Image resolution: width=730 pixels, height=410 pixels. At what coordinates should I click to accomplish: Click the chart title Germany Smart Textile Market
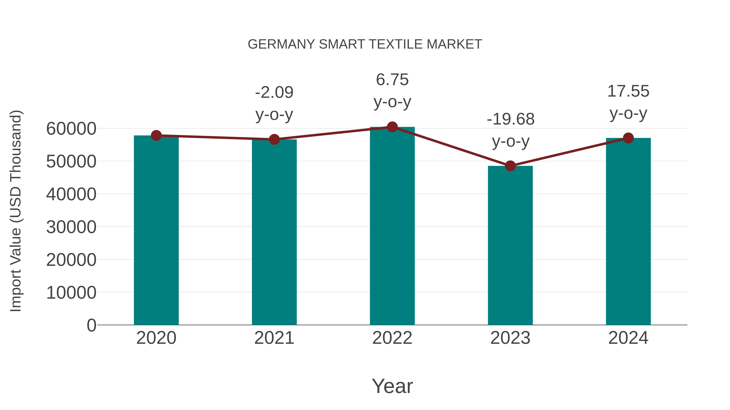tap(365, 44)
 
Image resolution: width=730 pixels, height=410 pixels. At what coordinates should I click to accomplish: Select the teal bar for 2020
tap(156, 231)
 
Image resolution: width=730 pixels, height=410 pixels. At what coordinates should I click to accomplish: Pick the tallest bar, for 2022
tap(392, 226)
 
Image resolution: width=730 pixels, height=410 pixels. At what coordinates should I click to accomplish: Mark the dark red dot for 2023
tap(510, 166)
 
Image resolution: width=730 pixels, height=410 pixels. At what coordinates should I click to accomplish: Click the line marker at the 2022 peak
tap(392, 127)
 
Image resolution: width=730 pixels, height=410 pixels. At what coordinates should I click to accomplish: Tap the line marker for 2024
tap(628, 138)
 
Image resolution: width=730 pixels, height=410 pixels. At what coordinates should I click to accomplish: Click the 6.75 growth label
tap(392, 80)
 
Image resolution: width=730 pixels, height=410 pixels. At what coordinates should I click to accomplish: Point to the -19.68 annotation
tap(510, 119)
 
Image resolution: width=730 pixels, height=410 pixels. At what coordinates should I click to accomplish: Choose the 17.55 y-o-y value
tap(628, 91)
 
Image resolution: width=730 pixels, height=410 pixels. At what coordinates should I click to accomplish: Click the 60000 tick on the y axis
tap(71, 129)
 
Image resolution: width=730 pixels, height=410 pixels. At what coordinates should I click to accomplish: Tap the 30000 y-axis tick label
tap(71, 227)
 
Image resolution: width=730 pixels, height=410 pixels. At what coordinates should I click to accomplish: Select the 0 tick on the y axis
tap(91, 325)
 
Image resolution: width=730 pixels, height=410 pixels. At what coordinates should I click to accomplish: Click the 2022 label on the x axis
tap(392, 338)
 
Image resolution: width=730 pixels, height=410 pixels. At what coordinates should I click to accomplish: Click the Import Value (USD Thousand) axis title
tap(16, 211)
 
